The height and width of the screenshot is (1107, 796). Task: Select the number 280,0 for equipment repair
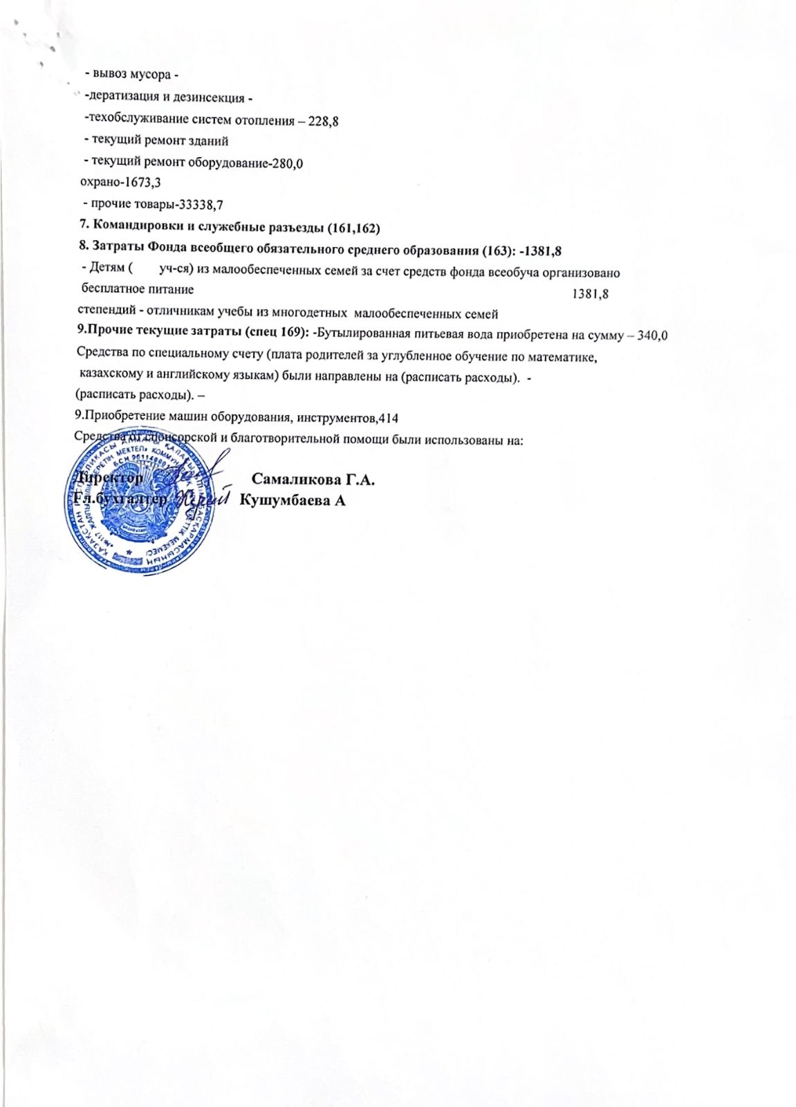[x=288, y=164]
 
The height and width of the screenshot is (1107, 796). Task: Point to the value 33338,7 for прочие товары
[x=201, y=204]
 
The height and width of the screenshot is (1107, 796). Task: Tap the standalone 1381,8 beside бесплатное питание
[x=590, y=294]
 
